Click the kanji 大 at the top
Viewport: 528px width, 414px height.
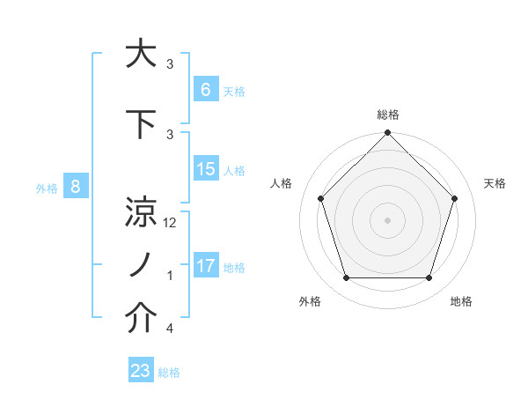pos(141,55)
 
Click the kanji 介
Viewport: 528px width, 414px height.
pos(141,319)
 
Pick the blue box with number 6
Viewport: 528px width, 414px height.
pos(205,89)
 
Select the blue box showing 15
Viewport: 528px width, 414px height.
pos(205,169)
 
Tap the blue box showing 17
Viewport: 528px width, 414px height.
pos(205,266)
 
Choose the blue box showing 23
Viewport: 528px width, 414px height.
pos(141,371)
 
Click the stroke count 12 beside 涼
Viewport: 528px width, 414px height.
pos(171,223)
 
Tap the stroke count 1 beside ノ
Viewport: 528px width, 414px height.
pos(169,276)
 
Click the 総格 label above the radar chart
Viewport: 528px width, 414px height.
pos(387,115)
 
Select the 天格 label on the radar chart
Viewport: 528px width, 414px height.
pos(495,183)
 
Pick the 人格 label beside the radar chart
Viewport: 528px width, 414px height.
pos(281,183)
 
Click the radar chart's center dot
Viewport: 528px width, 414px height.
pos(387,219)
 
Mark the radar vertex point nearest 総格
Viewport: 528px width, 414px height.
pos(387,134)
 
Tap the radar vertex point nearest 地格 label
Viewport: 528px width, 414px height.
pos(429,278)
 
